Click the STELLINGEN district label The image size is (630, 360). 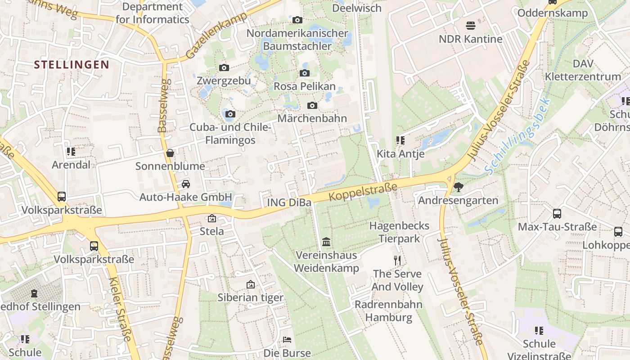click(x=72, y=65)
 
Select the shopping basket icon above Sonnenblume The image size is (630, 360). click(x=170, y=153)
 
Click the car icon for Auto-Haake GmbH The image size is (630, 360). click(x=185, y=184)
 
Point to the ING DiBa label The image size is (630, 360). click(x=289, y=202)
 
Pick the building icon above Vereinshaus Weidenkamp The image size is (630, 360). click(x=326, y=242)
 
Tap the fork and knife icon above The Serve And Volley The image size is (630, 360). click(x=397, y=260)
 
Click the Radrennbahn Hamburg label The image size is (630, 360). click(x=388, y=311)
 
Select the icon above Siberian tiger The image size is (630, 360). click(x=251, y=284)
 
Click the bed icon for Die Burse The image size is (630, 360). click(x=287, y=340)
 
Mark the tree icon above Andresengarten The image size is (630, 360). click(x=459, y=187)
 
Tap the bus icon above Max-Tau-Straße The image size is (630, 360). click(x=557, y=214)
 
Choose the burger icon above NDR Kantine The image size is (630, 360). click(x=471, y=25)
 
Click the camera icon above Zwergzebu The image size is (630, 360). click(x=224, y=68)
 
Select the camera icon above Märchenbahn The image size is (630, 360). click(x=312, y=106)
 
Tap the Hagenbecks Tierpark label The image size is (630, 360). click(x=399, y=232)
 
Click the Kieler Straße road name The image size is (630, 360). click(x=120, y=315)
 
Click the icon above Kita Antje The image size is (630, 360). click(x=400, y=140)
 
